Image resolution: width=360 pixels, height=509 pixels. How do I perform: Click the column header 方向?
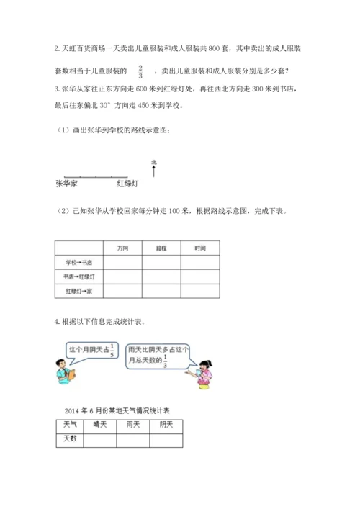(x=122, y=248)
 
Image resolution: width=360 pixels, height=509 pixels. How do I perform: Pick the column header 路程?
(x=161, y=248)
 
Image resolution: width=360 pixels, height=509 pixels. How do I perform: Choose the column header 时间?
(x=200, y=248)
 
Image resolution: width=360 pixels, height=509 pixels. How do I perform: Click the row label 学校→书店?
(x=79, y=262)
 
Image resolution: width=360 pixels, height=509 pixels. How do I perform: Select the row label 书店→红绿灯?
(x=79, y=276)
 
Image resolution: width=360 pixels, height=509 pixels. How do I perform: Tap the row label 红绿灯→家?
(x=79, y=291)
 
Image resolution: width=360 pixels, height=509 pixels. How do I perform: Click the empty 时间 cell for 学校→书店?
(x=200, y=262)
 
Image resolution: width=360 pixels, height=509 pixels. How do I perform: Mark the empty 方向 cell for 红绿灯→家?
(x=122, y=291)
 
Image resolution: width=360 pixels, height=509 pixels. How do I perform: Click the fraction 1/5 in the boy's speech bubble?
(x=109, y=351)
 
